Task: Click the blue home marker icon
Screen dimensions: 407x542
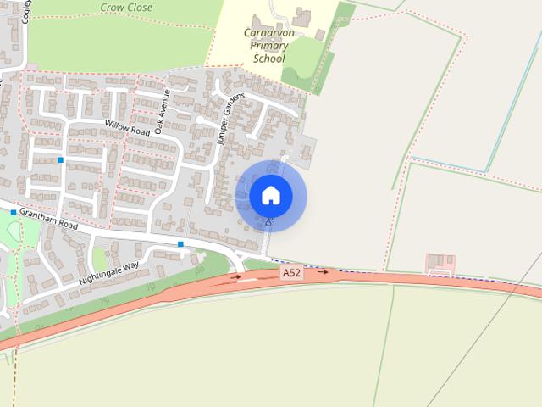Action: point(271,196)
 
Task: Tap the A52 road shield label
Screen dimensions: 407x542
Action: point(291,272)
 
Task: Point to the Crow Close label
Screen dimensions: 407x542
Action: point(126,8)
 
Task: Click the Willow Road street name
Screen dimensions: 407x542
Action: point(128,128)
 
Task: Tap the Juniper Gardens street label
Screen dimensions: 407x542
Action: point(230,119)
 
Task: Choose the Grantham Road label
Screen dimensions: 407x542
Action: point(49,220)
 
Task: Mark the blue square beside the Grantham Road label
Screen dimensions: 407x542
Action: point(14,212)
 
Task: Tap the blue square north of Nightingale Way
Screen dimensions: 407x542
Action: point(180,244)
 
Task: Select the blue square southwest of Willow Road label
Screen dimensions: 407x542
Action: point(61,159)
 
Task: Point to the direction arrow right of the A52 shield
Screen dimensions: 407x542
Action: point(323,272)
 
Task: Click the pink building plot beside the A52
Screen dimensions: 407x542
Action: point(440,263)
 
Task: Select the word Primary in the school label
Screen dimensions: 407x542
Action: point(270,46)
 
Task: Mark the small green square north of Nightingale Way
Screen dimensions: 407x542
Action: point(100,258)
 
